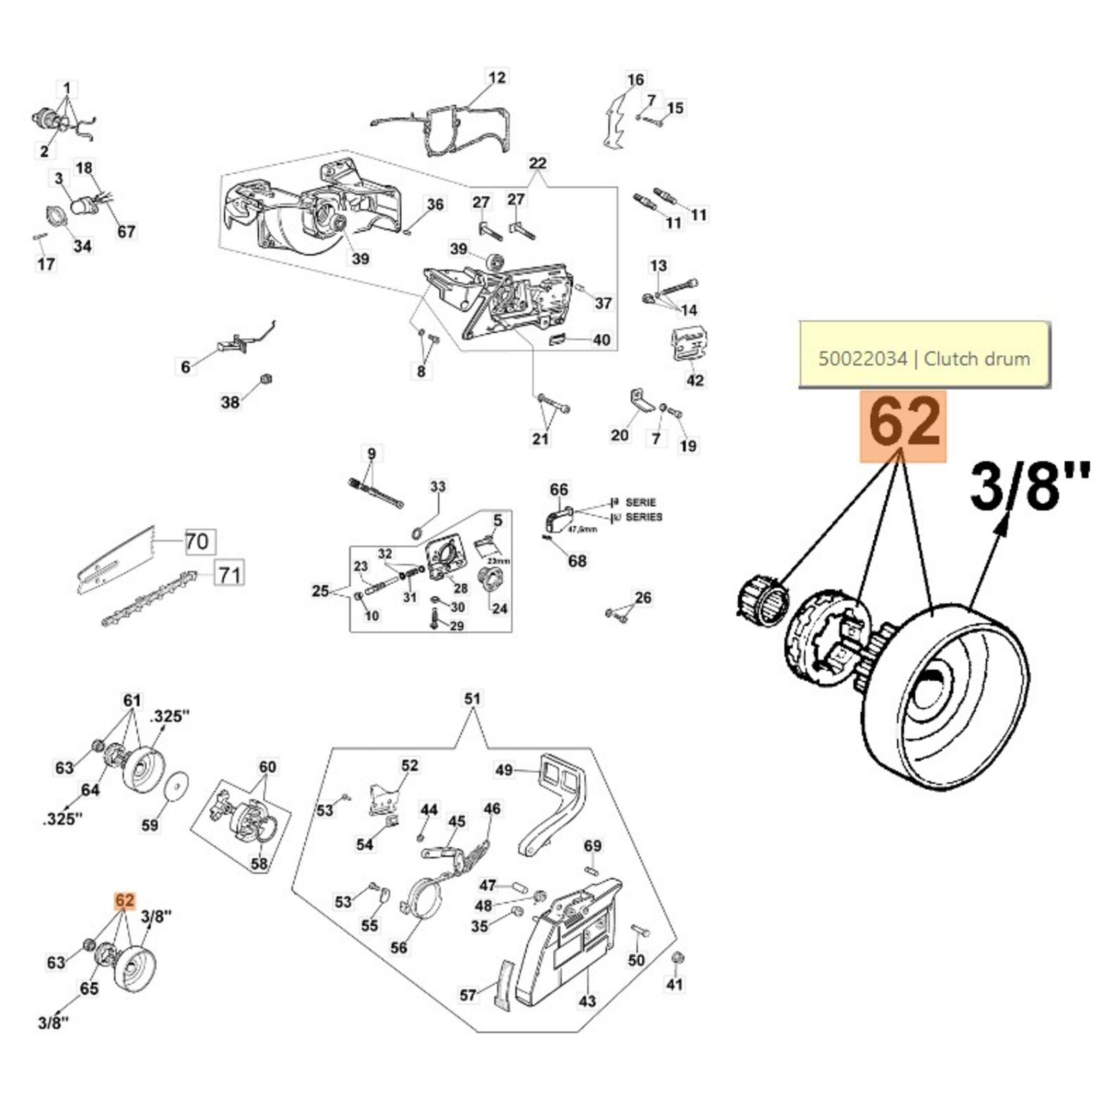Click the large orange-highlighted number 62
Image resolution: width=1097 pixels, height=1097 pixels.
coord(904,425)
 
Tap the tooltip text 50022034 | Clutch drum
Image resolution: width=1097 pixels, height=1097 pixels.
coord(924,358)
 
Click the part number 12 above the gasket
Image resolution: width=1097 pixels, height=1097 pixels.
coord(496,77)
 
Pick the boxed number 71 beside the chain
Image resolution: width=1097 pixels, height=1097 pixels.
coord(229,573)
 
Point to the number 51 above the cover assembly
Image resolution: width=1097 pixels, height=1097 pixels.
coord(472,699)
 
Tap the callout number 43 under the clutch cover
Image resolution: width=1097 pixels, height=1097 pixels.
coord(588,1001)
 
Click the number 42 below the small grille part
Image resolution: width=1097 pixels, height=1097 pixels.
coord(695,380)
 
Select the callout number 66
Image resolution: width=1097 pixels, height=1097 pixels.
coord(559,490)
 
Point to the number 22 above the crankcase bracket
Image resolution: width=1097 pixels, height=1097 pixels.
coord(538,162)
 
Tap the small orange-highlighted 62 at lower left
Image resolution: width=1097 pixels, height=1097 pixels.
coord(124,900)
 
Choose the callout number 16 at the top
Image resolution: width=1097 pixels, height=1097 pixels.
coord(636,80)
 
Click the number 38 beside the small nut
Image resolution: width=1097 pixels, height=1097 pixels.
coord(230,402)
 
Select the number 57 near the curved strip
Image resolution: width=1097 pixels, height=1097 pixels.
coord(468,994)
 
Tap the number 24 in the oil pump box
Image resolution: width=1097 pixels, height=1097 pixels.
coord(500,608)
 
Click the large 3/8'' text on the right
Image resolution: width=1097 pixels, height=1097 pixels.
coord(1029,487)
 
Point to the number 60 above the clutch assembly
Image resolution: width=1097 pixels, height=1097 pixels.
coord(267,767)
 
